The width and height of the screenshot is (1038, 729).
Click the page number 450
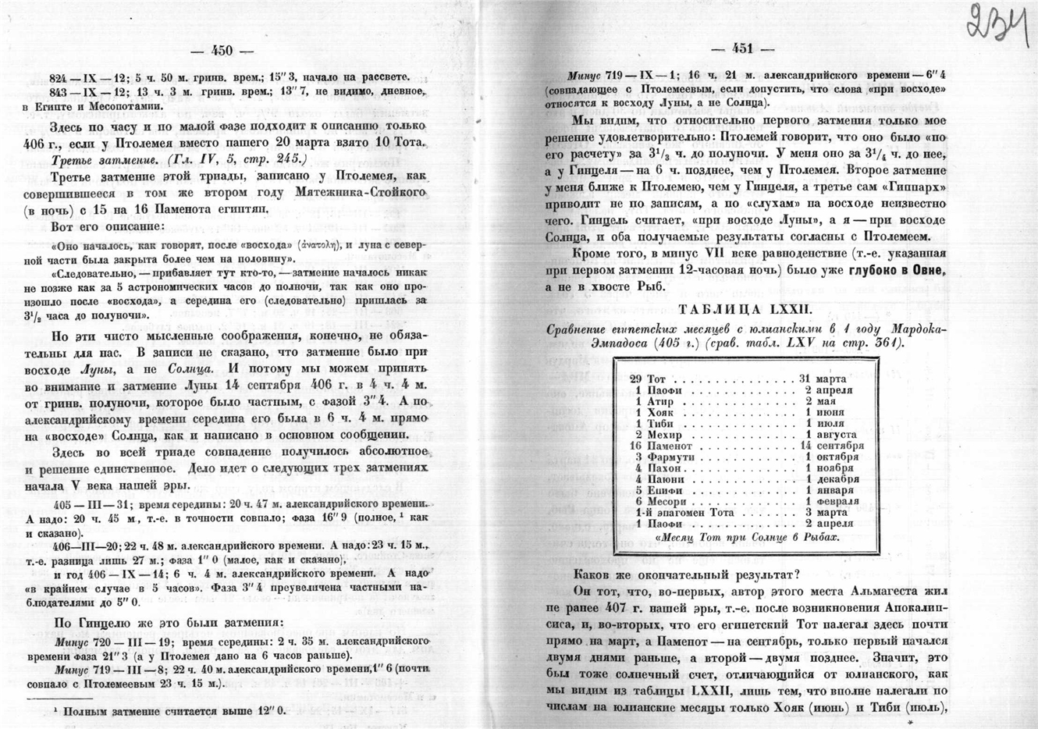(x=222, y=51)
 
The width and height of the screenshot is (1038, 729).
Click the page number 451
(x=741, y=48)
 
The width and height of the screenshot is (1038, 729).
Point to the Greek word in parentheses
(x=322, y=244)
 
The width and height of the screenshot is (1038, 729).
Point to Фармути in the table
(x=665, y=457)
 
